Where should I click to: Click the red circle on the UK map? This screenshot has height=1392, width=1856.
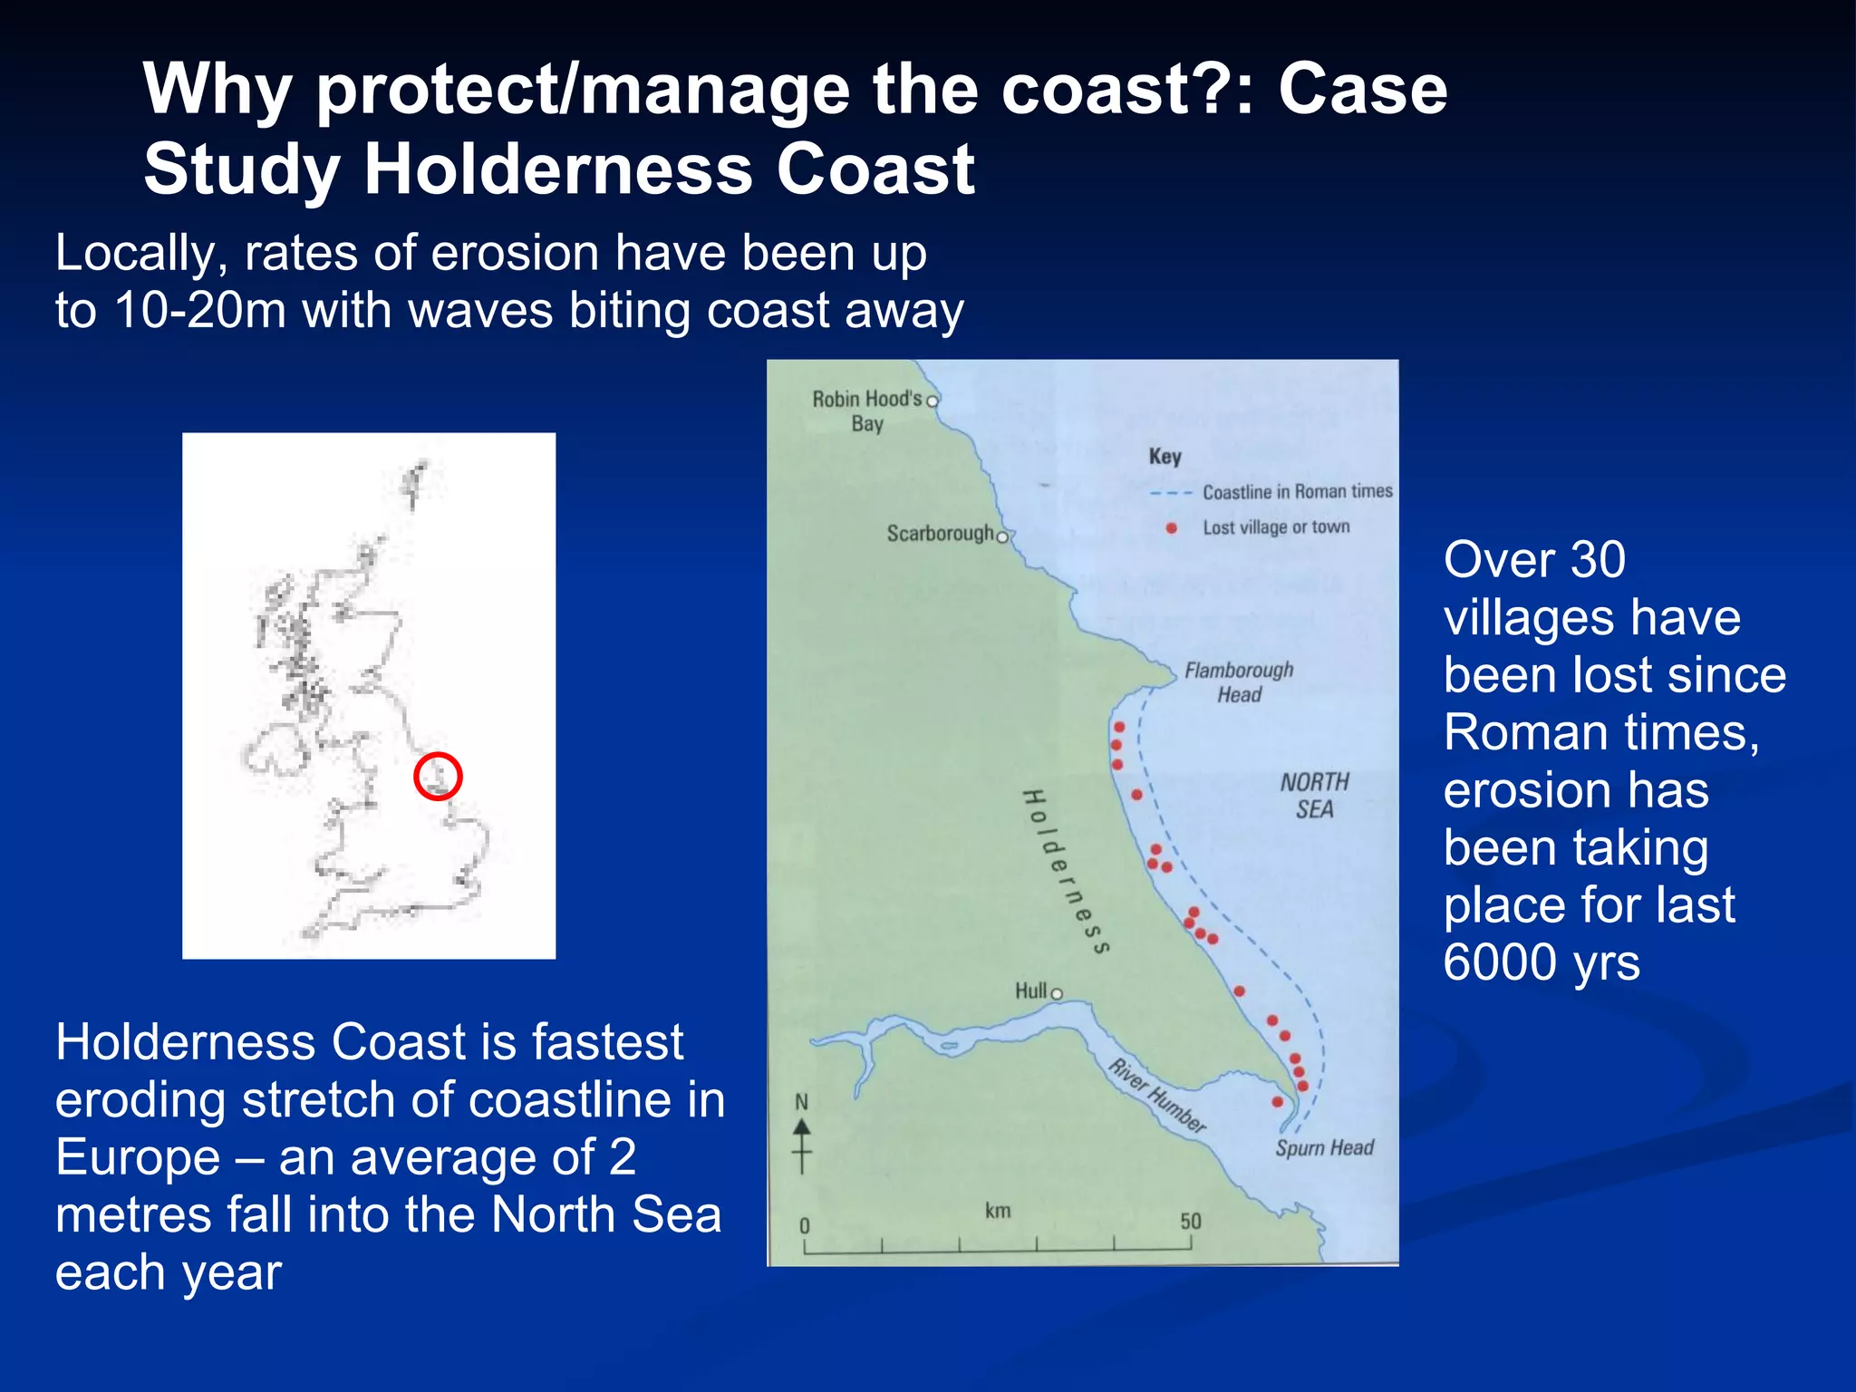coord(438,777)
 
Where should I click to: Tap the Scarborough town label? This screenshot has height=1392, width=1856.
coord(940,533)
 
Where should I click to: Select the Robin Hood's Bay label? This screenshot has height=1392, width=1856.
coord(866,411)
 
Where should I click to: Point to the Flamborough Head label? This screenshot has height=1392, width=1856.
coord(1239,681)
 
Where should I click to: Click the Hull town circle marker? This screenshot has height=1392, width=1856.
coord(1057,994)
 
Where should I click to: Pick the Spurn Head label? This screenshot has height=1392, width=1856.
coord(1324,1148)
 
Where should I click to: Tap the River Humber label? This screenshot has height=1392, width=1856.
coord(1157,1096)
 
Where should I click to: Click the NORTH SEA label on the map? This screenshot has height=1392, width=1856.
coord(1314,795)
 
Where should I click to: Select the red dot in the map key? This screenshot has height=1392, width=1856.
coord(1171,527)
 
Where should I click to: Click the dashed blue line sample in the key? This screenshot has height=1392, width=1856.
coord(1170,493)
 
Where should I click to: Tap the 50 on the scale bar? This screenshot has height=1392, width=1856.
coord(1190,1222)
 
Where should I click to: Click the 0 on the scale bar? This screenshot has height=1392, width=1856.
coord(804,1225)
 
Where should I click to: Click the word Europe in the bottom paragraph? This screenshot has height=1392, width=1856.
coord(138,1157)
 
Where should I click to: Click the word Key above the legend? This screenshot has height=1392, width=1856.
coord(1165,456)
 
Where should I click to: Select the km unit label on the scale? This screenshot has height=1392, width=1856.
coord(997,1211)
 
